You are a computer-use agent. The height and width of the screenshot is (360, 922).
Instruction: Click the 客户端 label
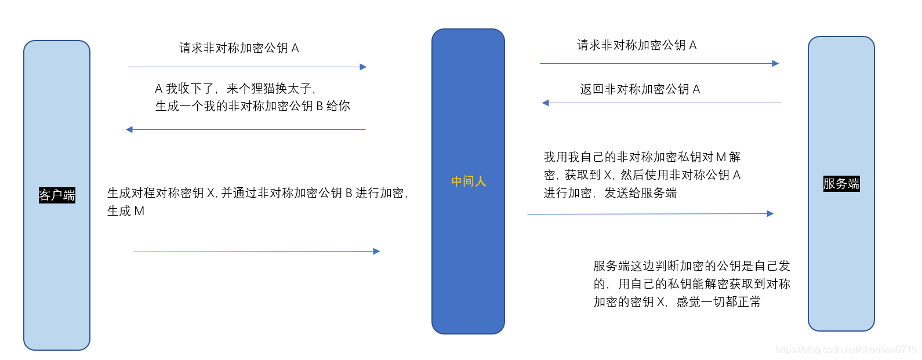coord(57,195)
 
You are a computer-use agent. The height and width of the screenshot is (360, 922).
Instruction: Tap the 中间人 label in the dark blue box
coord(469,181)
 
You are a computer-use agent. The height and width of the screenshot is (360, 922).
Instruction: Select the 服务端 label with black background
coord(841,184)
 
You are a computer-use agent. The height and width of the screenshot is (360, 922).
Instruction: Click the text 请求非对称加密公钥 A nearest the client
coord(239,48)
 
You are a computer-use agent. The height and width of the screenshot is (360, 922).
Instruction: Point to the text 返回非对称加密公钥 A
coord(640,89)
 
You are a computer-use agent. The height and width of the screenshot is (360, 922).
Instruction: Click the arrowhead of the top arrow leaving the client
coord(364,67)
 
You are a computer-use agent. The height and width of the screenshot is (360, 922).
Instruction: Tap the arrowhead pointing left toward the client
coord(129,129)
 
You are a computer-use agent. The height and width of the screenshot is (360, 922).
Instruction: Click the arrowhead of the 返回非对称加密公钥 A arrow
coord(545,103)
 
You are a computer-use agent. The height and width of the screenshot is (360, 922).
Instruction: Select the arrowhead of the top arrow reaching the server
coord(775,64)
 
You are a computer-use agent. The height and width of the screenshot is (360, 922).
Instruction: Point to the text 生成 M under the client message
coord(126,211)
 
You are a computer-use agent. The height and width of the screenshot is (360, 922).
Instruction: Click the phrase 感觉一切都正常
coord(718,302)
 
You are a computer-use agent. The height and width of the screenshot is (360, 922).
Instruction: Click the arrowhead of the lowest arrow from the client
coord(376,252)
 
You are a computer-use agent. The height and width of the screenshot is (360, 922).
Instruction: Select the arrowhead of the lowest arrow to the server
coord(770,214)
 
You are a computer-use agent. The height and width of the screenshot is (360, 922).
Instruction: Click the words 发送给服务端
coord(640,193)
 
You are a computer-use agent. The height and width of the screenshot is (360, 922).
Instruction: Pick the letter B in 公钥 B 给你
coord(319,106)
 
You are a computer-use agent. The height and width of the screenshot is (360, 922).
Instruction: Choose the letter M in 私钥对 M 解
coord(721,157)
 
